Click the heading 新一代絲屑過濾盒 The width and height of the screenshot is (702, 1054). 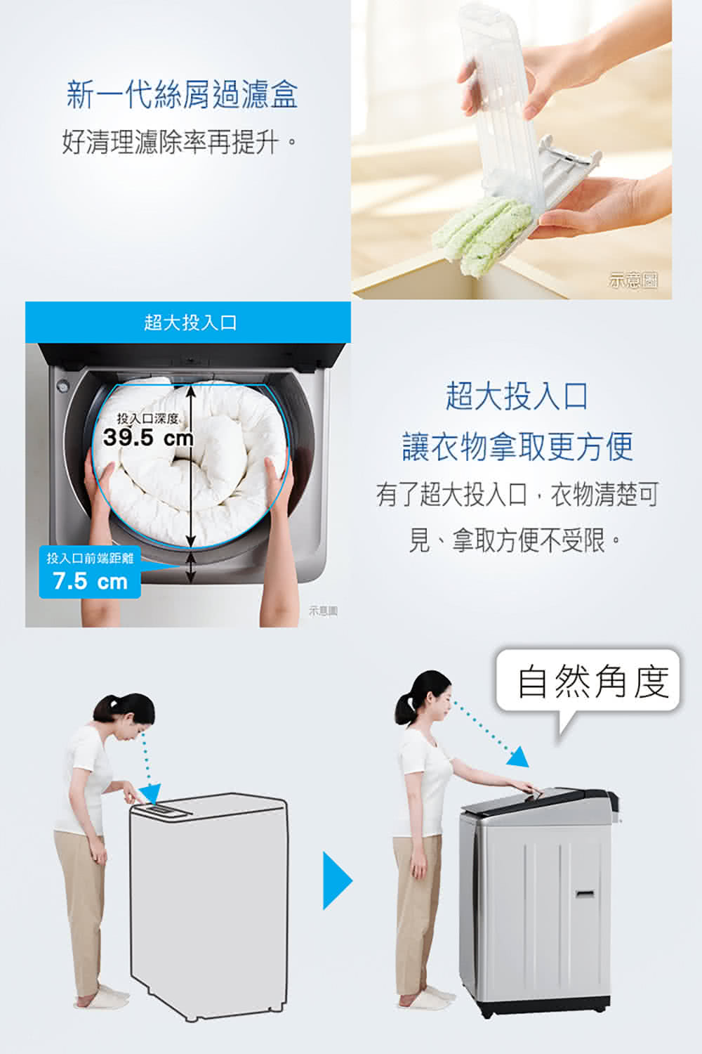[182, 96]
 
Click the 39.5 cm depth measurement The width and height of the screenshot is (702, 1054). [148, 438]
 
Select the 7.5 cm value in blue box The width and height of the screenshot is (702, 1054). [91, 582]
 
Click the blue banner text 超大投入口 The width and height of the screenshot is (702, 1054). [190, 323]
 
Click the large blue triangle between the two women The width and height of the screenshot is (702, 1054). [337, 880]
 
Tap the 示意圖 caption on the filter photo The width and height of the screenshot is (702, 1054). [633, 280]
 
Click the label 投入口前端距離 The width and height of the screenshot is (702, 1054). [90, 558]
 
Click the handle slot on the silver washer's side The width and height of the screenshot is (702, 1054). [585, 893]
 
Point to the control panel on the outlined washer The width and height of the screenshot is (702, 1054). [162, 810]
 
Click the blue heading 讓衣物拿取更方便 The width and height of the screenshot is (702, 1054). [517, 447]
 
